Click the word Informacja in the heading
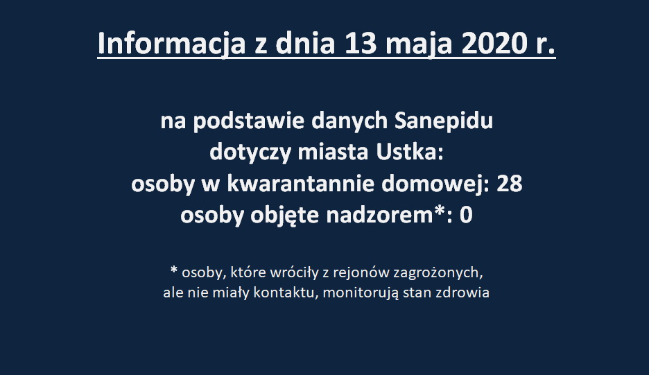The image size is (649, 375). (x=171, y=44)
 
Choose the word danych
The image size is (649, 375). (x=349, y=121)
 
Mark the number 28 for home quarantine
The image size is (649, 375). (x=509, y=184)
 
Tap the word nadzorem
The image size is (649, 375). (x=379, y=216)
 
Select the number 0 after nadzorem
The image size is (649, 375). (x=466, y=216)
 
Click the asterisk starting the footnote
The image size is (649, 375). (x=174, y=270)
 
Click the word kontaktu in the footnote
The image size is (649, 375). (x=286, y=293)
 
